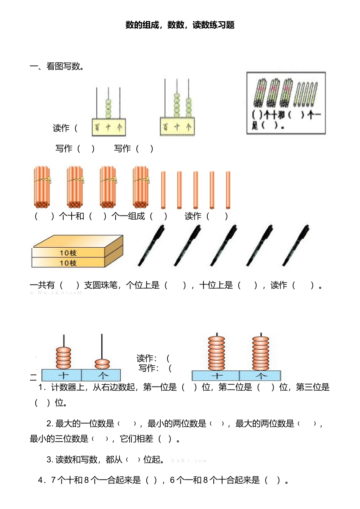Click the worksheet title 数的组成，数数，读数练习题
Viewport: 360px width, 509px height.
coord(180,25)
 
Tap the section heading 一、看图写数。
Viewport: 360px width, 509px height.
coord(57,66)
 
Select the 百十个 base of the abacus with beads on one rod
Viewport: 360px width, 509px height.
coord(109,127)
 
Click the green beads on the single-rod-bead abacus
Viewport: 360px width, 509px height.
coord(108,108)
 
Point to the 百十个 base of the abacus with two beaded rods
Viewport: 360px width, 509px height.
coord(177,127)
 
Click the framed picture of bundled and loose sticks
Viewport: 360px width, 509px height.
coord(286,103)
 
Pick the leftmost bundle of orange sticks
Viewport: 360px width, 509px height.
coord(42,187)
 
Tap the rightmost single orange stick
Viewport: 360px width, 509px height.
coord(228,190)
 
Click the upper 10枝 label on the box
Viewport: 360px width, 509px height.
coord(68,253)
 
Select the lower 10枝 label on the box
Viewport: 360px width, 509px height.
coord(68,263)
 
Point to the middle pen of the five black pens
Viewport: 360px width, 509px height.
coord(224,245)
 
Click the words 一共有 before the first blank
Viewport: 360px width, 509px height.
coord(42,285)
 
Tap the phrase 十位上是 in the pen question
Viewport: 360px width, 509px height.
coord(216,285)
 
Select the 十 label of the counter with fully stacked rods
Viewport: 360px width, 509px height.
coord(216,376)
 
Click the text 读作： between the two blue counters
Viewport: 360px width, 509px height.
coord(147,358)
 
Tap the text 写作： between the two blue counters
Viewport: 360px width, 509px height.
coord(149,368)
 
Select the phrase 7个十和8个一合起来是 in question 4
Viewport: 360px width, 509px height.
coord(95,480)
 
